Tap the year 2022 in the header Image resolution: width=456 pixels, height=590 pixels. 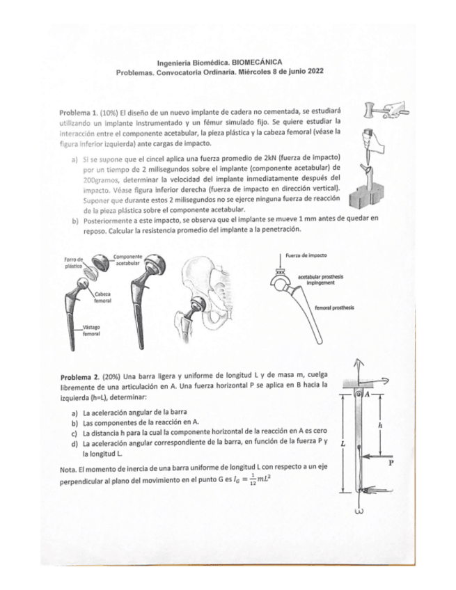311,72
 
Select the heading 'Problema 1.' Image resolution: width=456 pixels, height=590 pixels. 80,111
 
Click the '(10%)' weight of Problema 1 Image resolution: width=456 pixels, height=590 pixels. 111,111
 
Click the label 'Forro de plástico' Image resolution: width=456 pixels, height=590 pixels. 74,263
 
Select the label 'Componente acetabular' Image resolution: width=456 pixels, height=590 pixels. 126,260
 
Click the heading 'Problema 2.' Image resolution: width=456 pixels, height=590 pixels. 80,376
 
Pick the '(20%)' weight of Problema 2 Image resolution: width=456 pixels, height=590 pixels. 113,376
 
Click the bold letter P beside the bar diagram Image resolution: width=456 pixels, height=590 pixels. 391,459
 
